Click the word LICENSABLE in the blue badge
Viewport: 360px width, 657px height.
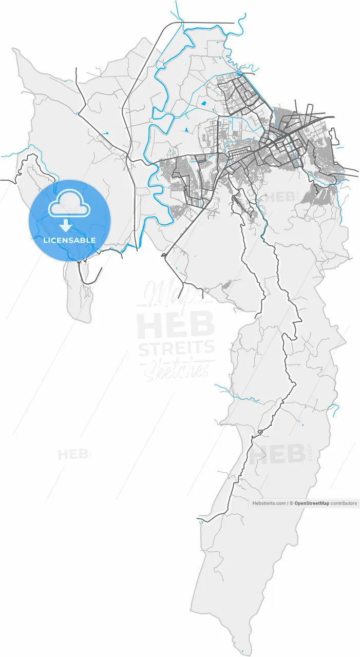69,240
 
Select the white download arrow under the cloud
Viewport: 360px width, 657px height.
66,225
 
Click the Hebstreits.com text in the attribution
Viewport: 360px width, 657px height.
269,504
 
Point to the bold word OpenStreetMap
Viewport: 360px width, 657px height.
312,504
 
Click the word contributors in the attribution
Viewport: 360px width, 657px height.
344,504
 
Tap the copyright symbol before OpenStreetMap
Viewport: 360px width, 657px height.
291,504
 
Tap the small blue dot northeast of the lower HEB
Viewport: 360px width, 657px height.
302,425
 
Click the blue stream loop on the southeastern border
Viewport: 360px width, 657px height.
334,409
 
